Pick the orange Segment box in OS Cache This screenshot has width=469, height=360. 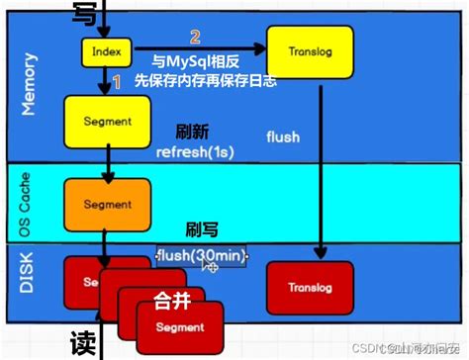click(x=106, y=205)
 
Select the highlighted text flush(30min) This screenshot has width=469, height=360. click(x=203, y=258)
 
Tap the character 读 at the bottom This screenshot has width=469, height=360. click(x=84, y=342)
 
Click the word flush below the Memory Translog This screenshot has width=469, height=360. click(x=283, y=137)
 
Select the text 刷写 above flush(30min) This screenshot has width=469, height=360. click(x=202, y=230)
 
